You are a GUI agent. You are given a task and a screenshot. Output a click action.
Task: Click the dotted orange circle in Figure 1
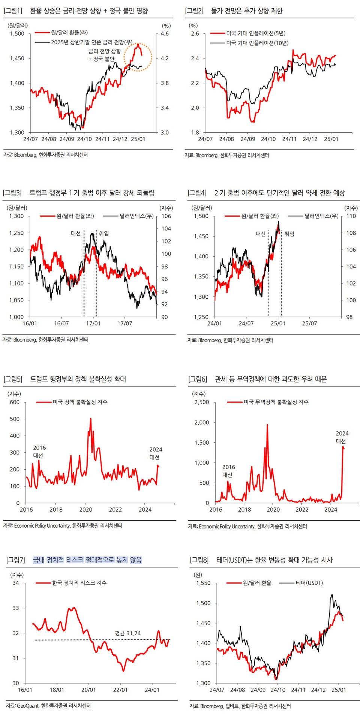[x=138, y=57]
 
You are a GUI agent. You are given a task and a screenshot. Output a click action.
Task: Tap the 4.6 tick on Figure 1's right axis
[x=165, y=34]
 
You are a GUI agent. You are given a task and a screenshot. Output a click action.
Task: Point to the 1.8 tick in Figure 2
[x=195, y=132]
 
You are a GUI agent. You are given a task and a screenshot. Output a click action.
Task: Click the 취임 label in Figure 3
[x=103, y=233]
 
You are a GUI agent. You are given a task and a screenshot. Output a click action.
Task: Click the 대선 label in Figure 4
[x=261, y=234]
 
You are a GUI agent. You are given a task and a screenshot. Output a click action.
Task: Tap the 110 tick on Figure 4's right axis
[x=351, y=216]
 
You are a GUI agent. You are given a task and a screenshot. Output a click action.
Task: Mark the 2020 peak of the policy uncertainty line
[x=90, y=419]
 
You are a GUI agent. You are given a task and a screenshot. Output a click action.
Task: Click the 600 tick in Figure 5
[x=15, y=402]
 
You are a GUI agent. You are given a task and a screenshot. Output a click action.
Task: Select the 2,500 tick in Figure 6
[x=202, y=402]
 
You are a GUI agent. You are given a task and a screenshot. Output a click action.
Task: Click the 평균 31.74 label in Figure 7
[x=128, y=633]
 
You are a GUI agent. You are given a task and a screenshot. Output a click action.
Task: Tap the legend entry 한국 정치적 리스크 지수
[x=79, y=583]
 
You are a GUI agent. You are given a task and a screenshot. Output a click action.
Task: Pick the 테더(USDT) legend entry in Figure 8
[x=309, y=583]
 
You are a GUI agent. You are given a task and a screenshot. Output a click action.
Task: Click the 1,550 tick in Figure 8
[x=203, y=583]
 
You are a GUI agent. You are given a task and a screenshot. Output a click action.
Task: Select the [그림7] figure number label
[x=16, y=560]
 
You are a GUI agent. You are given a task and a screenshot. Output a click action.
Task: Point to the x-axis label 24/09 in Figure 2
[x=247, y=139]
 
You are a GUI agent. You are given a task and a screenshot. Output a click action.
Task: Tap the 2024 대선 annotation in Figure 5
[x=156, y=453]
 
